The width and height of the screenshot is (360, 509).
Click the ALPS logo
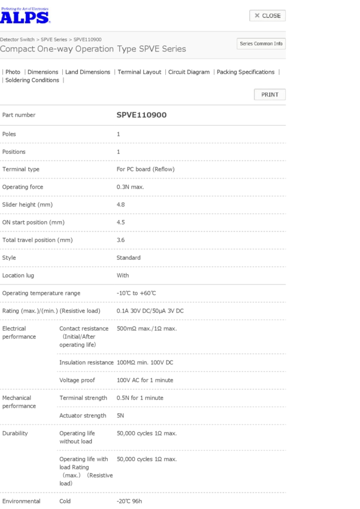[x=25, y=16]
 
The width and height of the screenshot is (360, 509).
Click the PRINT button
[x=270, y=95]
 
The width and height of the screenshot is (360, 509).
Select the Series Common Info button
[x=261, y=44]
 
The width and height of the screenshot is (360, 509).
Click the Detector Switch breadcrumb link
[x=17, y=39]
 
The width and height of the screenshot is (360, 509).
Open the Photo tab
[x=13, y=72]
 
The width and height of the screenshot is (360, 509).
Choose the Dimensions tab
[x=43, y=72]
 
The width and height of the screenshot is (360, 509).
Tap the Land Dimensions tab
[x=87, y=72]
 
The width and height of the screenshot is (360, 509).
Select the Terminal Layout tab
[x=140, y=72]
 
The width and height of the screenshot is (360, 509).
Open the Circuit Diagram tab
[x=189, y=72]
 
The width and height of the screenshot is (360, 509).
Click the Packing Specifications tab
[x=246, y=72]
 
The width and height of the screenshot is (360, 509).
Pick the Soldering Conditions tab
[x=32, y=80]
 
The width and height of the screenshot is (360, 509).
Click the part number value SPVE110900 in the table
[x=141, y=115]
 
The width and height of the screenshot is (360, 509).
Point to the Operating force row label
[x=23, y=187]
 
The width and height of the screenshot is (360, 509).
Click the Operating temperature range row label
[x=41, y=293]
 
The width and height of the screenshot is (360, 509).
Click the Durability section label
[x=15, y=433]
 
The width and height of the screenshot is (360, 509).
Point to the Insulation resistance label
[x=86, y=362]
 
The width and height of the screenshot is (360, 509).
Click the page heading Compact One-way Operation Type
[x=93, y=49]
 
